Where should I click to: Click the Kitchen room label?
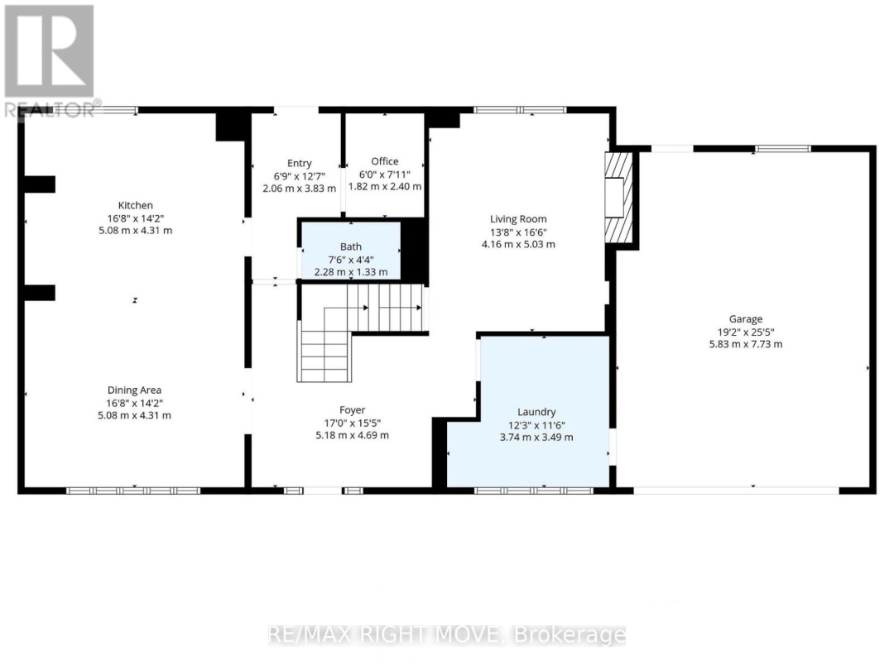pyautogui.click(x=135, y=205)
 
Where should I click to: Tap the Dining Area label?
pyautogui.click(x=134, y=390)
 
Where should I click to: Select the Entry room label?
pyautogui.click(x=299, y=163)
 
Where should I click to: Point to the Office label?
pyautogui.click(x=384, y=161)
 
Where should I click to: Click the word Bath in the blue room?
pyautogui.click(x=350, y=246)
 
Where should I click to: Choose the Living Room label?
pyautogui.click(x=518, y=219)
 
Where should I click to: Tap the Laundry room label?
pyautogui.click(x=536, y=412)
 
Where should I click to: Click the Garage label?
pyautogui.click(x=746, y=319)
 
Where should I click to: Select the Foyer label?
pyautogui.click(x=352, y=410)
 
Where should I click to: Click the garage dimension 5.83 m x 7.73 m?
pyautogui.click(x=746, y=344)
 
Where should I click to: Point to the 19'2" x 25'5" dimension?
pyautogui.click(x=746, y=332)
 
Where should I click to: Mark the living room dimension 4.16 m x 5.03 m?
pyautogui.click(x=518, y=244)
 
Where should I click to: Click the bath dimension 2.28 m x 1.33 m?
pyautogui.click(x=350, y=272)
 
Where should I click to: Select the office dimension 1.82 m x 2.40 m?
pyautogui.click(x=384, y=187)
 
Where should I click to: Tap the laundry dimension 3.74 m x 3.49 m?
pyautogui.click(x=536, y=438)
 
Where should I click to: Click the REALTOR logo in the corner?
pyautogui.click(x=49, y=59)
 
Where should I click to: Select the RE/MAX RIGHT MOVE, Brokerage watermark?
pyautogui.click(x=447, y=635)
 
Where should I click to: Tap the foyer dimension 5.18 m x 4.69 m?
pyautogui.click(x=352, y=435)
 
